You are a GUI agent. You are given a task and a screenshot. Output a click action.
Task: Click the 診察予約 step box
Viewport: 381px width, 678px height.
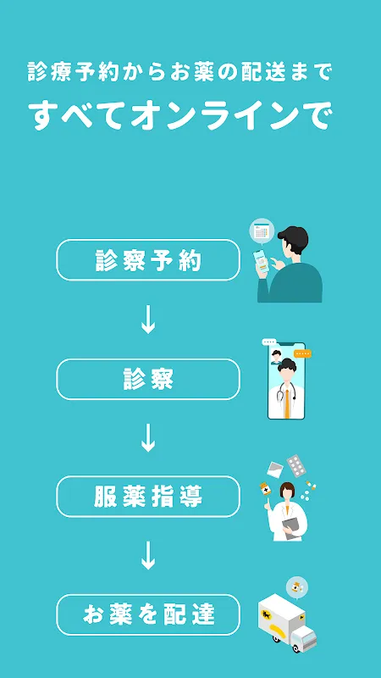148,260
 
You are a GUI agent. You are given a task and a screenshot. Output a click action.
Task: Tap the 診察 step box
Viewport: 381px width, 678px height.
148,379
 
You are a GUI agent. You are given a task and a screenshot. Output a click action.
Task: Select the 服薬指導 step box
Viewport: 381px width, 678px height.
148,497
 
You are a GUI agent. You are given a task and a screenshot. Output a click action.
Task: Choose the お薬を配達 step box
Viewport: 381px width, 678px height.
148,615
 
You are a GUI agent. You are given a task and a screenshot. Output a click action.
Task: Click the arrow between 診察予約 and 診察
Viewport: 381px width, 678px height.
148,320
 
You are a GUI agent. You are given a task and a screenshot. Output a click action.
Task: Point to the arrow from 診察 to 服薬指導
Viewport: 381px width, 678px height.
148,437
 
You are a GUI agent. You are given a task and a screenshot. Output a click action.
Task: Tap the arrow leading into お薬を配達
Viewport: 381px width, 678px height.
148,555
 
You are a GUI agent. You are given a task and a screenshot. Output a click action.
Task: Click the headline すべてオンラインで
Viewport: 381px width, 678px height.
180,115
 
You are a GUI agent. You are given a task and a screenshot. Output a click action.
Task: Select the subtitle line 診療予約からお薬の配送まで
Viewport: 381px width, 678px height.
179,72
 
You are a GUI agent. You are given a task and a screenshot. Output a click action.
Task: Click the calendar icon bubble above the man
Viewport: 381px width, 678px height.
262,231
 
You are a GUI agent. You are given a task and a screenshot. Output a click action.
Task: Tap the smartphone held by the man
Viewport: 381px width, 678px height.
261,262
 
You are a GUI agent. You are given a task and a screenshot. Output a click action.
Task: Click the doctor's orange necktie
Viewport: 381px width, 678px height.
287,404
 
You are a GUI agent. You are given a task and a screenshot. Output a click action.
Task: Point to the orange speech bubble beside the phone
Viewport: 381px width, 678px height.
302,353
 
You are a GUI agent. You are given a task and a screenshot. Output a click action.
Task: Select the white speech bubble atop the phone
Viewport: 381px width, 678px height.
268,342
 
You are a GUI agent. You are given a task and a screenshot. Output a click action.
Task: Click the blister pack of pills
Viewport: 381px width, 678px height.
297,465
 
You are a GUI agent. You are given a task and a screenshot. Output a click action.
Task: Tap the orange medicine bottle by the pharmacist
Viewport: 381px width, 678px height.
265,489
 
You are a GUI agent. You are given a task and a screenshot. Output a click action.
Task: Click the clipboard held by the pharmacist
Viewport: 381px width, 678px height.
291,528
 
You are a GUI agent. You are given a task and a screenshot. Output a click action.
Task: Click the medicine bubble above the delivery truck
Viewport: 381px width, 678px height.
297,588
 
